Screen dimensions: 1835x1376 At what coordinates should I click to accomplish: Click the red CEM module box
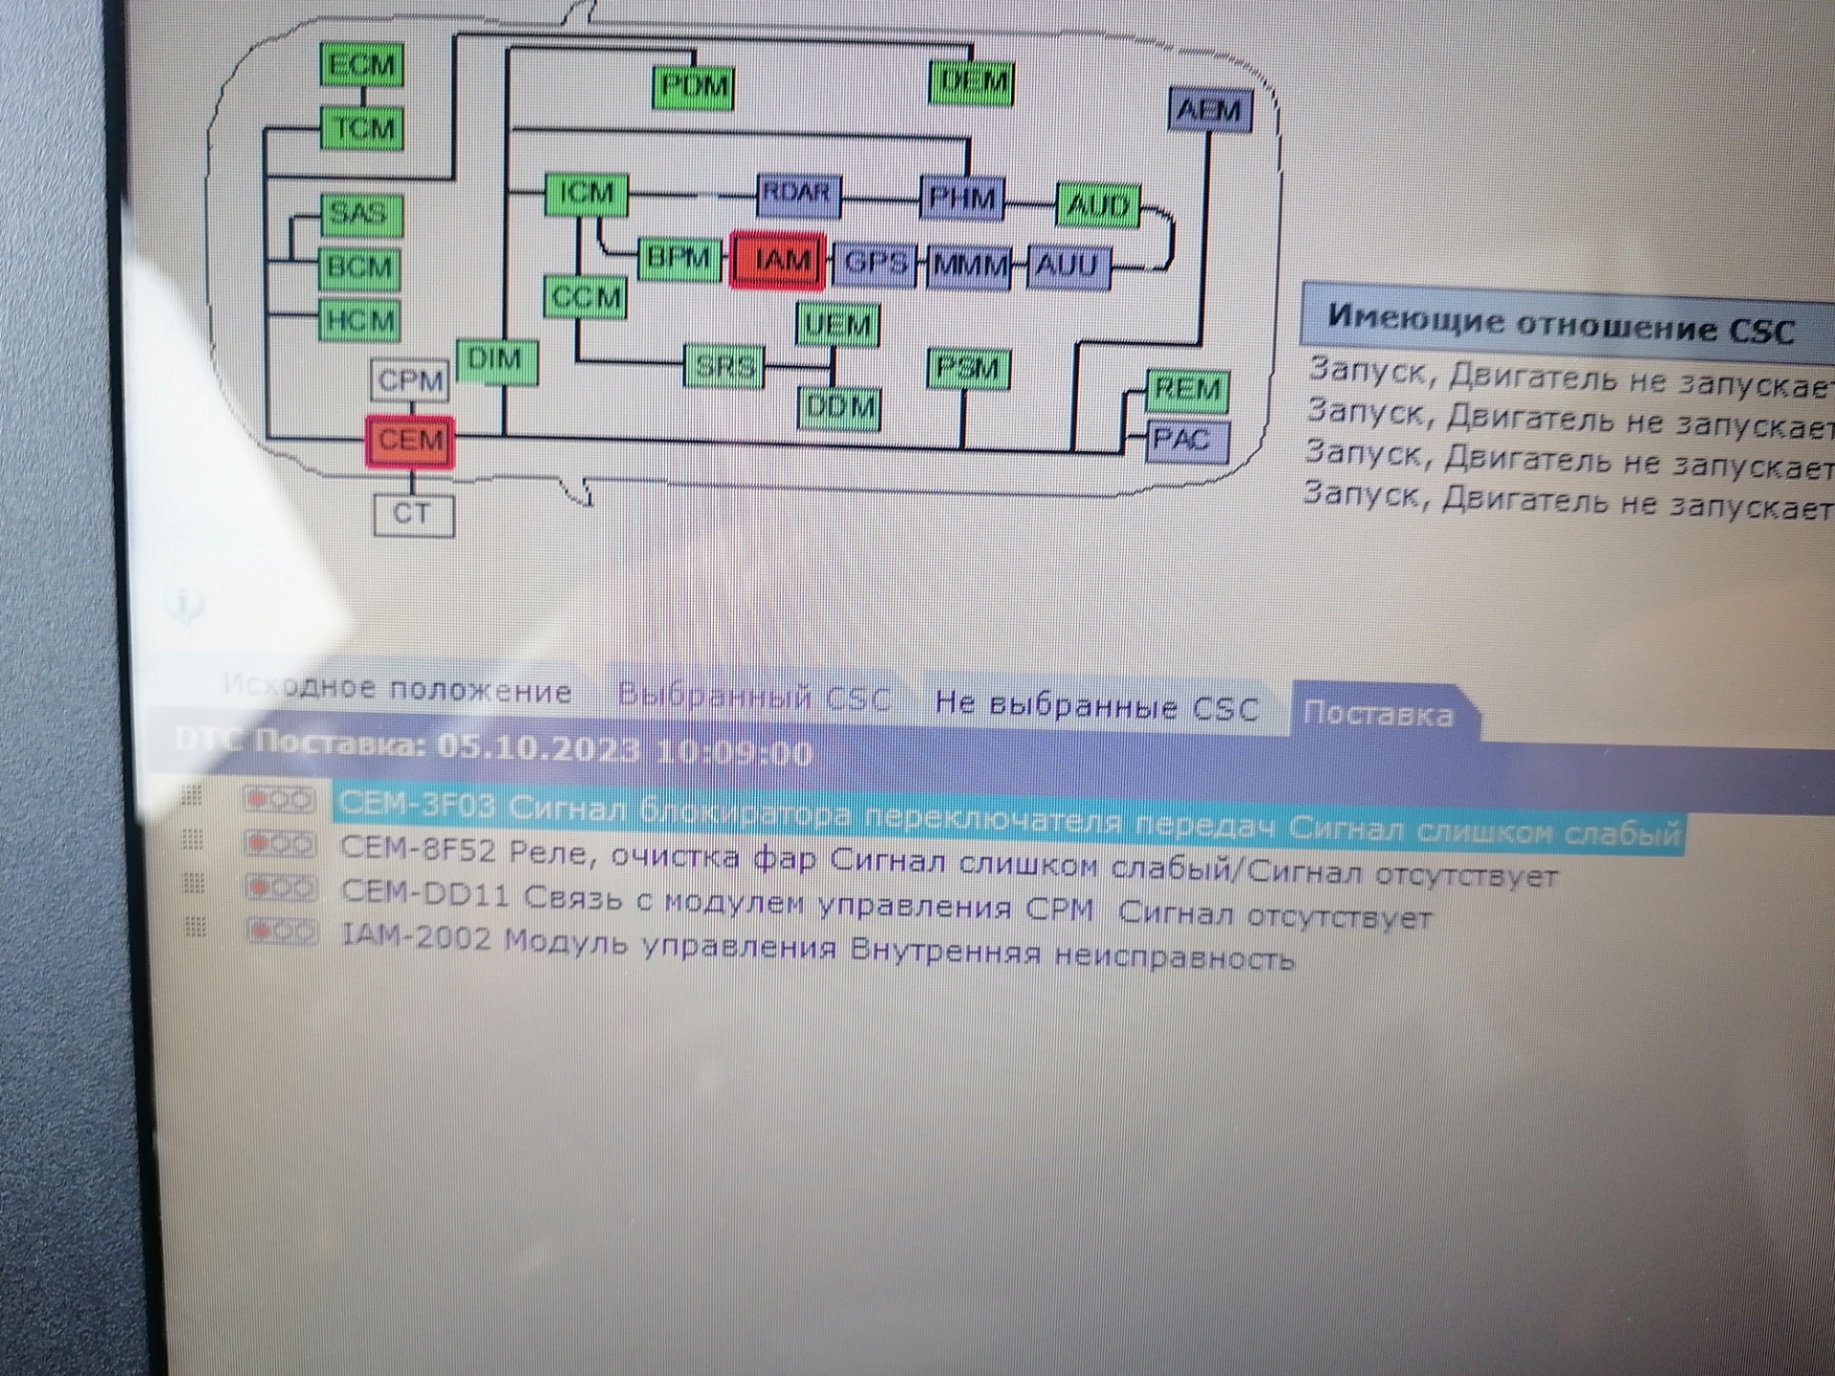pos(410,441)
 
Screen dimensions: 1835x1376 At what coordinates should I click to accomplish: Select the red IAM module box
pos(777,260)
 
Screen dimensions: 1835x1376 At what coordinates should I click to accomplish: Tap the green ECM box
pos(361,65)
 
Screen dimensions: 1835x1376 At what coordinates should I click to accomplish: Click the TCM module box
pos(361,128)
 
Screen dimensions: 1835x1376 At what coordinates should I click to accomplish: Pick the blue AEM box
pos(1210,111)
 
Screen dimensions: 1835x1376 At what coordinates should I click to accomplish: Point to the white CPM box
pos(410,380)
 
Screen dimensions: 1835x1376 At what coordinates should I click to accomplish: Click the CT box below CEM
pos(413,514)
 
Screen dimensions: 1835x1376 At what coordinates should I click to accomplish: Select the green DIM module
pos(495,361)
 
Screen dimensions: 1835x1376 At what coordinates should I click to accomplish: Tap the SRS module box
pos(724,366)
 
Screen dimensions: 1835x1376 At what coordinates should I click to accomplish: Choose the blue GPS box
pos(874,263)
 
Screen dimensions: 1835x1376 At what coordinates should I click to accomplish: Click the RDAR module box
pos(797,195)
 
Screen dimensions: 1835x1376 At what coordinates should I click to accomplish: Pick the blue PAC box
pos(1184,441)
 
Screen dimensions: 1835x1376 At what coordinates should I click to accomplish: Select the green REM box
pos(1187,390)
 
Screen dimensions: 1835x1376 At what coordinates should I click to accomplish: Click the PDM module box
pos(694,87)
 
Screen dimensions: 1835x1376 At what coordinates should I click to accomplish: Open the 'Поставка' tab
pos(1377,714)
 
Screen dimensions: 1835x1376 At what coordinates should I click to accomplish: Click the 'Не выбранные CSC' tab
pos(1096,706)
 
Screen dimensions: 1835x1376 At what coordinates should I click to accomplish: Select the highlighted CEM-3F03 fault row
pos(1004,820)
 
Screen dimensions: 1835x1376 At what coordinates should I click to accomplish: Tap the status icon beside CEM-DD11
pos(280,889)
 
